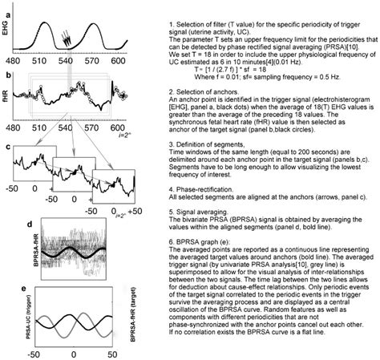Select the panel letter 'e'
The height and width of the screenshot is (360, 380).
6,289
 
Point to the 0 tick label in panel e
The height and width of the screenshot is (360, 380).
73,352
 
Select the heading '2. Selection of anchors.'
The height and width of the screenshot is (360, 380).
204,94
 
